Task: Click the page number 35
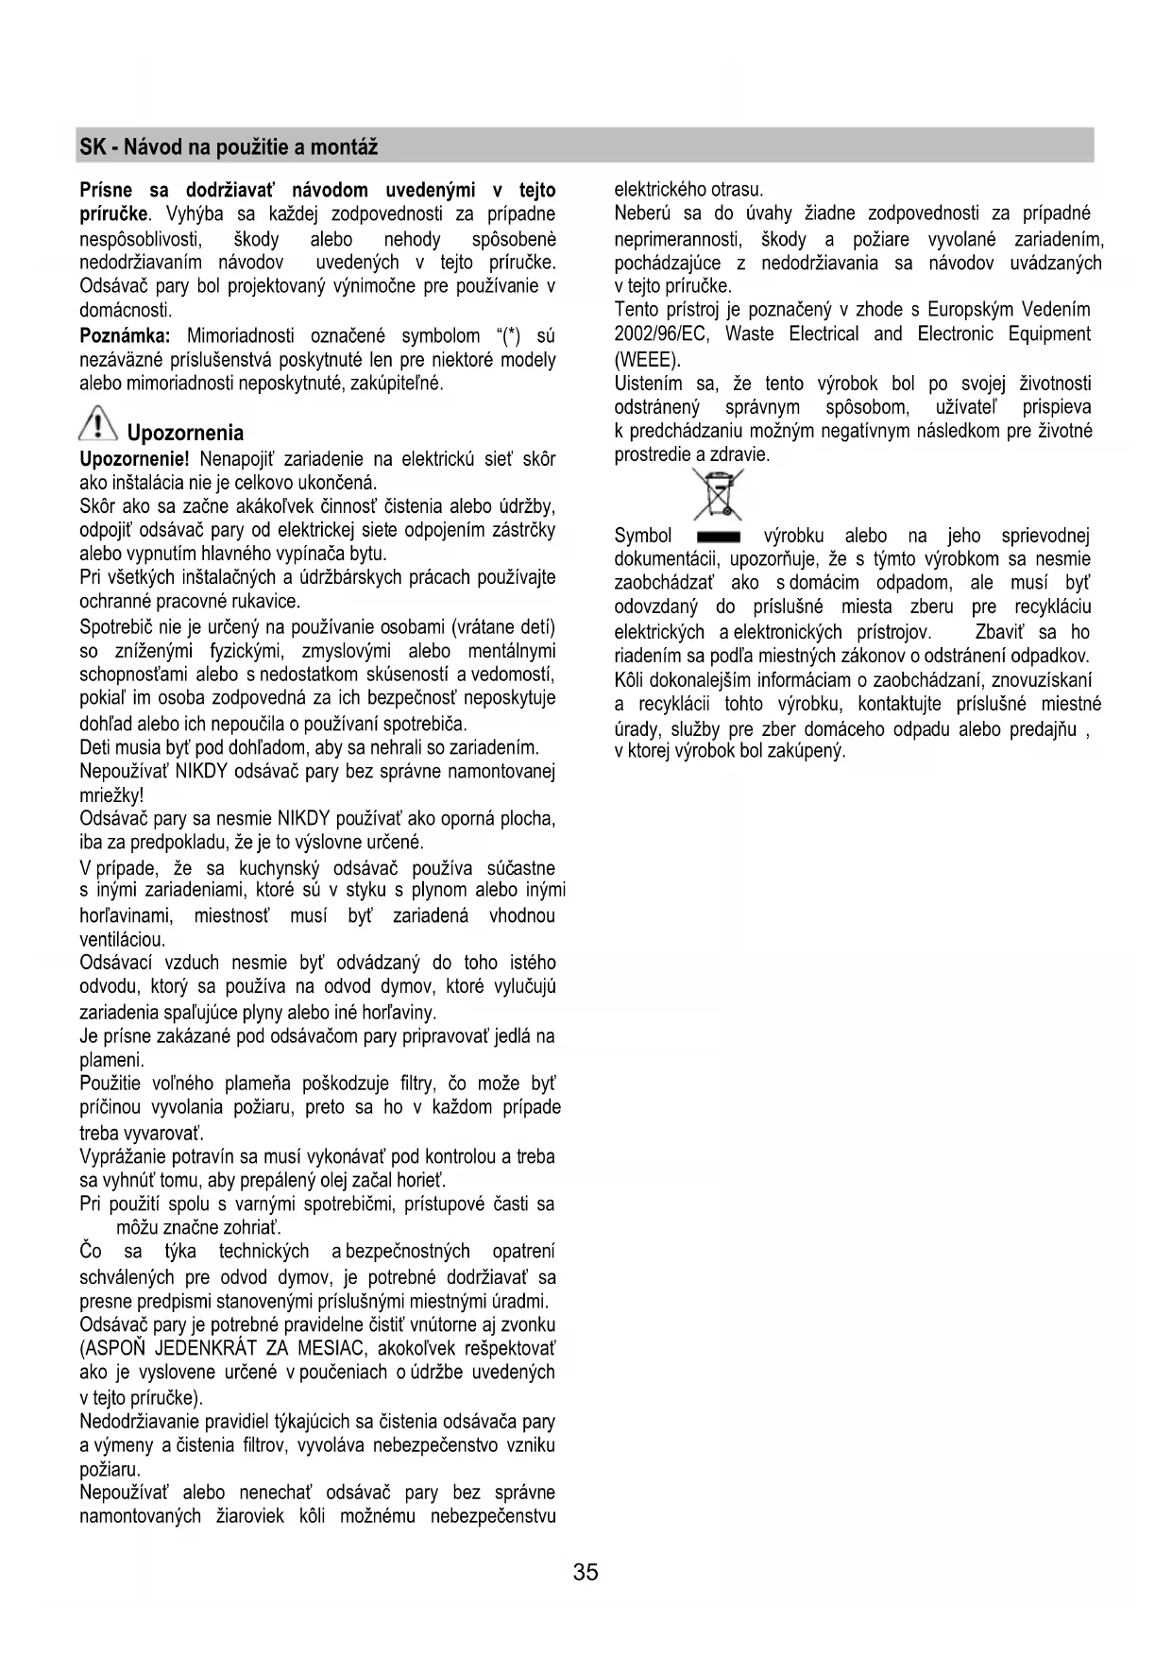pos(586,1572)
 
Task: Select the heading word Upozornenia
pos(185,434)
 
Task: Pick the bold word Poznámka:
pos(125,335)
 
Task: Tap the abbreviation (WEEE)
pos(647,359)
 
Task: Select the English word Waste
pos(750,333)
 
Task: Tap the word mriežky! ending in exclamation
pos(111,795)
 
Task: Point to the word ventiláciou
pos(123,940)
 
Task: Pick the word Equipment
pos(1048,333)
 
